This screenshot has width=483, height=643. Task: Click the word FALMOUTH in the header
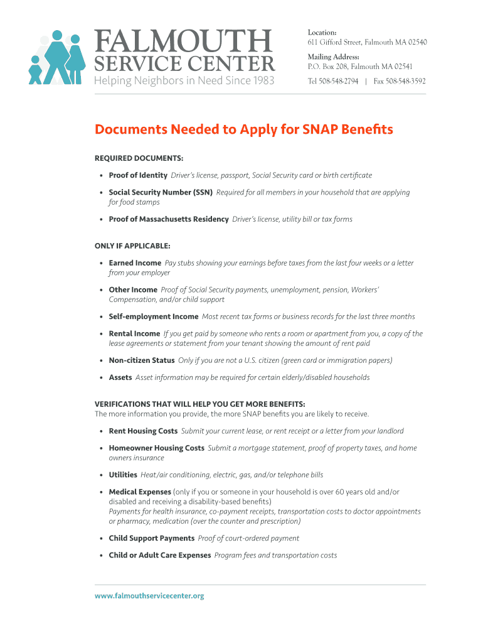point(184,42)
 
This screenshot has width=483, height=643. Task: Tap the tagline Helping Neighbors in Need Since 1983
point(184,80)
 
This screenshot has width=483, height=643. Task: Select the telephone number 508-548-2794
point(341,81)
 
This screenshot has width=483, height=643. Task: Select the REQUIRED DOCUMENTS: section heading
point(139,158)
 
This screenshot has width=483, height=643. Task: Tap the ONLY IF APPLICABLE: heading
point(132,246)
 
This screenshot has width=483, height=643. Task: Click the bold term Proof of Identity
point(138,175)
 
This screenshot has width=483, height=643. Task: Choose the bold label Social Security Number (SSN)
point(161,192)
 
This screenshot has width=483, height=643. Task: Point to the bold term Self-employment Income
point(153,316)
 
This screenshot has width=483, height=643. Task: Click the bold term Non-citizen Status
point(141,360)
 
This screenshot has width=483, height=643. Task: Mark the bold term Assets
point(120,377)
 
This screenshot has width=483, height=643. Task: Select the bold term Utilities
point(123,475)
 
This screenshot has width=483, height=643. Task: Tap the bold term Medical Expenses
point(140,492)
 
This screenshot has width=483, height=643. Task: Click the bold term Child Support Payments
point(151,538)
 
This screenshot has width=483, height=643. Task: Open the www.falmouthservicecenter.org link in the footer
point(149,596)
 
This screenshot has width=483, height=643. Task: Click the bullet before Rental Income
point(102,334)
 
